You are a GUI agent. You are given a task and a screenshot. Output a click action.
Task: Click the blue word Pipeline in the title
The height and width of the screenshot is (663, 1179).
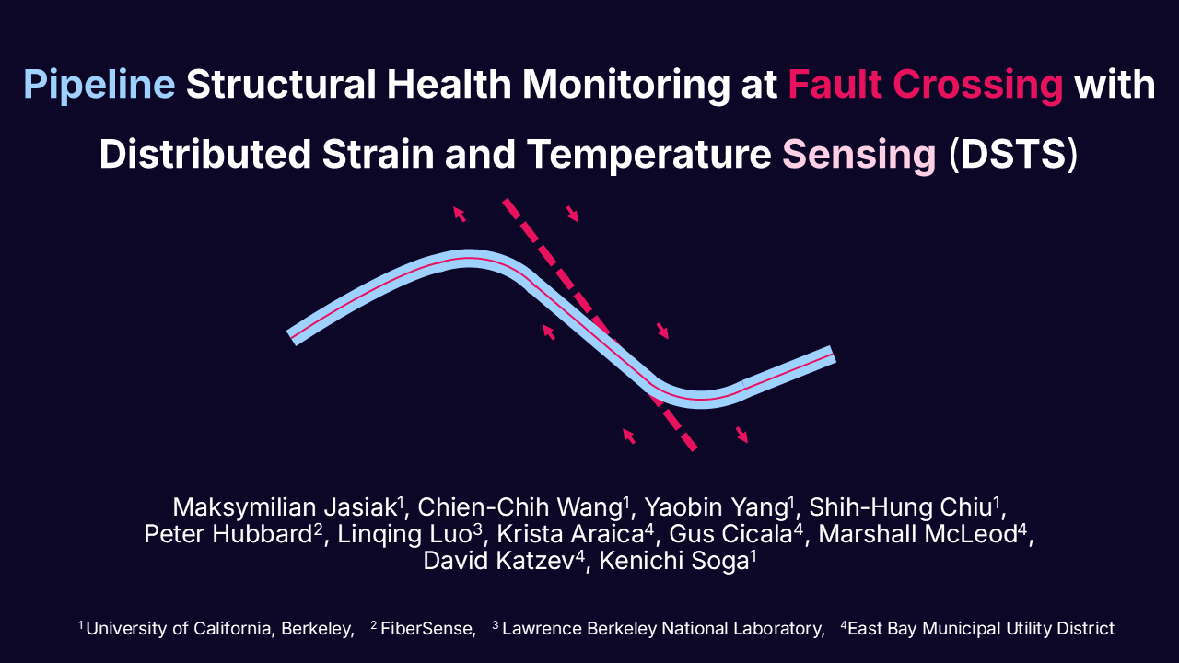[x=99, y=85]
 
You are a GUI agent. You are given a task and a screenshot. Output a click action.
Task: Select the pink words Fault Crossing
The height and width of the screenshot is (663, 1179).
[x=926, y=85]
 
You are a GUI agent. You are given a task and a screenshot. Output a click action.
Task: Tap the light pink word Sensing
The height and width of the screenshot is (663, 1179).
[x=859, y=154]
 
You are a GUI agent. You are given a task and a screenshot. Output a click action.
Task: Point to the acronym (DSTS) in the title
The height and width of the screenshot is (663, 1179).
[x=1012, y=154]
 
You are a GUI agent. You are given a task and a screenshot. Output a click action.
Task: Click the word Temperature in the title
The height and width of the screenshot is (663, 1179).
[x=649, y=154]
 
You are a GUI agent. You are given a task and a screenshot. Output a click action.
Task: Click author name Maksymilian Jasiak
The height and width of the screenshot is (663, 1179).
[x=285, y=507]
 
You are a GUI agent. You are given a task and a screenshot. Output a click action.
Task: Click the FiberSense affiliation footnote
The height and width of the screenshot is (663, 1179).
[x=423, y=628]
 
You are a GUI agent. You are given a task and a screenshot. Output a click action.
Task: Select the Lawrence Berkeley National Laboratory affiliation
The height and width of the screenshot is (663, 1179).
[x=658, y=628]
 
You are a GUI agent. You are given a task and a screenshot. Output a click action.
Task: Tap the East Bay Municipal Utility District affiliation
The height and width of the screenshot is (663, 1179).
[x=977, y=628]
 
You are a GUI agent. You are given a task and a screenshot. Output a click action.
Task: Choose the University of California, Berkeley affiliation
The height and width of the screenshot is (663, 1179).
[x=216, y=628]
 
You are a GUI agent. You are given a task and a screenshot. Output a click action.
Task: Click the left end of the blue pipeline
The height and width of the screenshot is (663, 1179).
[x=292, y=338]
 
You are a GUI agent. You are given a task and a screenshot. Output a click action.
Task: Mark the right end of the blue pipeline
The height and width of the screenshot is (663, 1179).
[x=833, y=355]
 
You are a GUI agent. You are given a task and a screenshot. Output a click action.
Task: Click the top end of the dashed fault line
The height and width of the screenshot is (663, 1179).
[x=506, y=201]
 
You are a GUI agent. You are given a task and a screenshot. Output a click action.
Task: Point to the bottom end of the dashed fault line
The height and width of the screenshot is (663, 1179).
[x=694, y=448]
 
